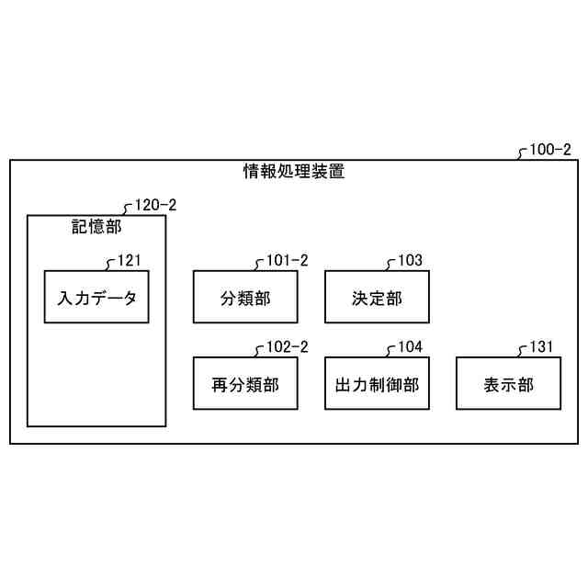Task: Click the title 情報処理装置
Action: [294, 172]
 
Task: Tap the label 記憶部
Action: [96, 226]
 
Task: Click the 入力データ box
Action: [96, 297]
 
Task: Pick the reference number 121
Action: [130, 260]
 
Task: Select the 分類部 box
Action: [245, 297]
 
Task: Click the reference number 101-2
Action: [287, 260]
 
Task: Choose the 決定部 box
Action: [377, 297]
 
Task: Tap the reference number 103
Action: [410, 260]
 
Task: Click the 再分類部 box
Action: [245, 384]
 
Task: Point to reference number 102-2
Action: [287, 347]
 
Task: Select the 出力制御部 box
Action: [377, 384]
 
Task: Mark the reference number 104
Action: [410, 347]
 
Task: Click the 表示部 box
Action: [508, 384]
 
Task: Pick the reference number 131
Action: [542, 347]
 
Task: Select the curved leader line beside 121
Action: [111, 265]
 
